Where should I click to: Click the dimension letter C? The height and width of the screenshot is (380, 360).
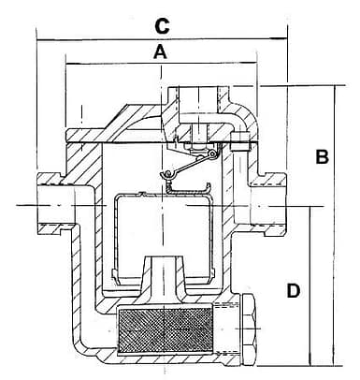point(162,26)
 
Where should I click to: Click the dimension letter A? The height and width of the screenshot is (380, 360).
point(161,51)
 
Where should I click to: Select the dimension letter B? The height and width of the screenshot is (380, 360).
point(322,156)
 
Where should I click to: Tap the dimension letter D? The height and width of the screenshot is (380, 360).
point(294,290)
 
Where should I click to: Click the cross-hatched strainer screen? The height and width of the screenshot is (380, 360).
point(165,330)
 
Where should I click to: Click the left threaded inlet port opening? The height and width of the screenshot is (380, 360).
point(55,205)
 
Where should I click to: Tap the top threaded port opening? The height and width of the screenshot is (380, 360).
point(198,99)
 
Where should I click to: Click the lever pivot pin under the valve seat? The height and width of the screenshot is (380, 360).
point(213,153)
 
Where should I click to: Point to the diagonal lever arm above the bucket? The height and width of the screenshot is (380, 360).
point(188,165)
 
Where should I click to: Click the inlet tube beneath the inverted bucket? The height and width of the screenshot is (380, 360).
point(163,274)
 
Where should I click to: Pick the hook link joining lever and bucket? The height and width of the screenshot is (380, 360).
point(168,181)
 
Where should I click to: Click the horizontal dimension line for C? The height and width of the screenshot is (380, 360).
point(162,39)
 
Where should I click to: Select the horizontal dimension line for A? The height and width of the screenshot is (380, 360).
point(161,64)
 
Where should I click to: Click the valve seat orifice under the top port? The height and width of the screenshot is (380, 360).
point(197,134)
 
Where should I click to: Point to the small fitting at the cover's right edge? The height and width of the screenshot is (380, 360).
point(240,142)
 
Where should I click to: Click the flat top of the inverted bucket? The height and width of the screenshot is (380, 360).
point(162,195)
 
